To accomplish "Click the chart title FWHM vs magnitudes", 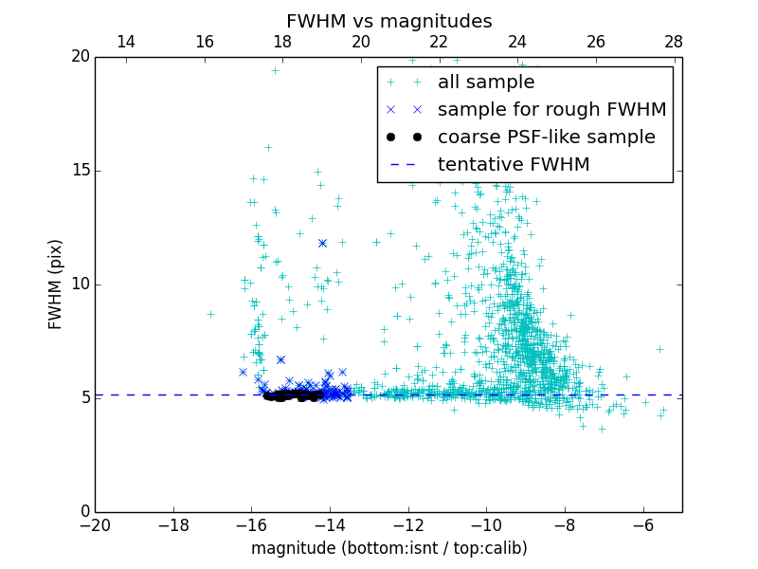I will coord(388,21).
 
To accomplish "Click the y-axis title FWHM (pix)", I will coord(56,284).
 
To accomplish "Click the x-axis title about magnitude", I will coord(388,548).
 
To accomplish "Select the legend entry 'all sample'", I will coord(486,83).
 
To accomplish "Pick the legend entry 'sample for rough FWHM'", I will coord(551,110).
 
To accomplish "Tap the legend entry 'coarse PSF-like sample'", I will coord(546,138).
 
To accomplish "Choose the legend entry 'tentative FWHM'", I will coord(513,165).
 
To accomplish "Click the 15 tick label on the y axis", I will coord(80,171).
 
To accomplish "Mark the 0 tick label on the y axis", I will coord(84,512).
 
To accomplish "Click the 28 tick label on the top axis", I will coord(674,42).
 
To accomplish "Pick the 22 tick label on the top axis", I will coord(439,42).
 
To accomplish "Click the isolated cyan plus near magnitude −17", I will coord(210,314).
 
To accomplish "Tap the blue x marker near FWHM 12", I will coord(322,243).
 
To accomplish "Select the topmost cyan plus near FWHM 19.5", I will coord(275,70).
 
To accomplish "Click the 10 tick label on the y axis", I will coord(80,284).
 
